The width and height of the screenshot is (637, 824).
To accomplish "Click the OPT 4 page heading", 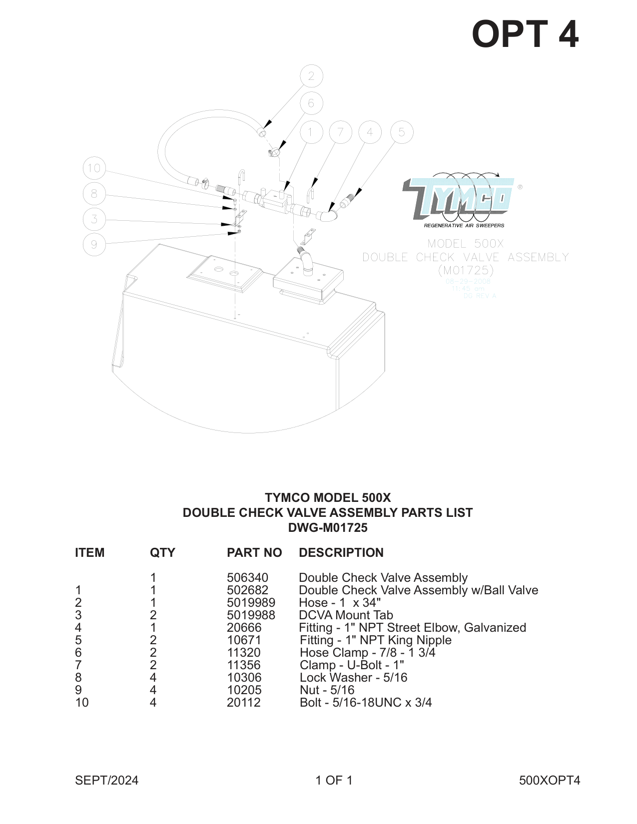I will tap(525, 34).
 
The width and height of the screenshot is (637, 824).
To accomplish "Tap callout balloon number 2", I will tap(311, 76).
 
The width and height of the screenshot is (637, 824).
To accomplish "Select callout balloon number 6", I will tap(311, 103).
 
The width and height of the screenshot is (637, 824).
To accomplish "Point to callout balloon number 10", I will tap(94, 168).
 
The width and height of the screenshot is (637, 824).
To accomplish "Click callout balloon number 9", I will tap(94, 244).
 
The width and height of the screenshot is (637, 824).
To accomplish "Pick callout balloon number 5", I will tap(402, 132).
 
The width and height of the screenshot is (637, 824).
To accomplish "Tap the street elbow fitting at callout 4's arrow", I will tap(327, 214).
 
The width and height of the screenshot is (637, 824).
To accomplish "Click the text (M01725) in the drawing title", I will tap(466, 270).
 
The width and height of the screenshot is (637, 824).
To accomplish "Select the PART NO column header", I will tap(254, 553).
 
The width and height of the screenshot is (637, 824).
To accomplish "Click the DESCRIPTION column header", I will tap(341, 553).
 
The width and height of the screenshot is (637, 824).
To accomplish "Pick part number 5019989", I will tap(251, 603).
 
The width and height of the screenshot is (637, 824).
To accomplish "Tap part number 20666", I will tap(244, 628).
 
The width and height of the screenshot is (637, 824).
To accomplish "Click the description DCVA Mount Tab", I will tap(346, 615).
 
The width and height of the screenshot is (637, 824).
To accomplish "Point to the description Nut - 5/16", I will tap(327, 690).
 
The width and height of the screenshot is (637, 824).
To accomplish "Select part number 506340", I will tap(247, 578).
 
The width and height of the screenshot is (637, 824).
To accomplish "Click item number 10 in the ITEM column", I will tap(82, 703).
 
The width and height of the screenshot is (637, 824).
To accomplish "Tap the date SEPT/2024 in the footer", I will tap(106, 781).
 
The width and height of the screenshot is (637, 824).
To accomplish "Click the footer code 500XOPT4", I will tap(550, 781).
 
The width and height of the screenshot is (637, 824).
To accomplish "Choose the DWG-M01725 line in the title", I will tap(328, 528).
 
